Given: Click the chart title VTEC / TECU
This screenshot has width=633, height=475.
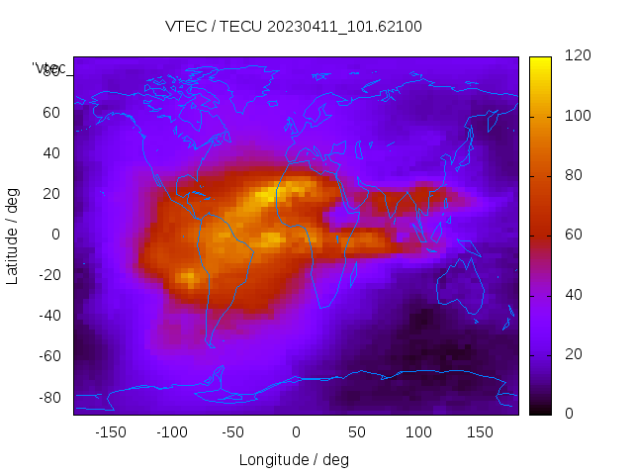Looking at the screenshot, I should pos(294,27).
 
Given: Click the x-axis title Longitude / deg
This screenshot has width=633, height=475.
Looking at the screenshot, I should pos(294,459).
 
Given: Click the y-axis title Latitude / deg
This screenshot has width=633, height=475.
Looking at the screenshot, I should pos(13,235).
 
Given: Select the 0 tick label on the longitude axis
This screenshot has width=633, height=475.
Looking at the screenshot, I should pos(295,432).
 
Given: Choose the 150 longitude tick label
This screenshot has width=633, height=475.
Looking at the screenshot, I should pos(480,432).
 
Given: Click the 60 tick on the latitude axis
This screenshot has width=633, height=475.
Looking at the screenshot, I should pos(52,112).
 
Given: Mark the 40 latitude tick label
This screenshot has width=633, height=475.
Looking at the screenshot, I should pos(52,152).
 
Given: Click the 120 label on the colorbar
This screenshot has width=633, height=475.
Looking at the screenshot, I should pos(577,56).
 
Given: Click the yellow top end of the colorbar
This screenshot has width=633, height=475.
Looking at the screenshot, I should pos(540,61).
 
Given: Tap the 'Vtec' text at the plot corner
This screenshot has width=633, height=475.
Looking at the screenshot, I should pos(49,68).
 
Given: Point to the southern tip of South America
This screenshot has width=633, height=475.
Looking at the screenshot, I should pos(211,344).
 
